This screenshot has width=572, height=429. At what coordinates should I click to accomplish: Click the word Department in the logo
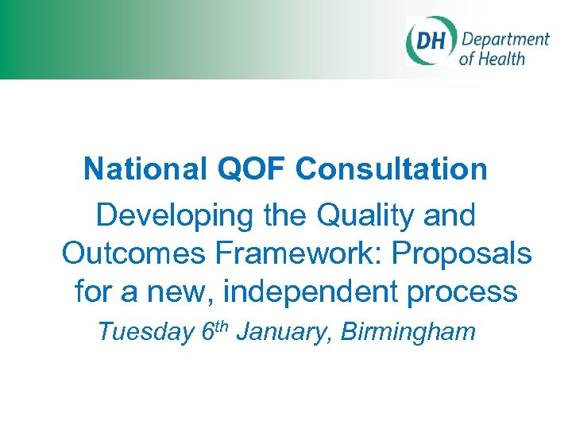(x=505, y=40)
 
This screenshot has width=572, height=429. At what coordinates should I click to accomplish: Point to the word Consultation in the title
(x=392, y=168)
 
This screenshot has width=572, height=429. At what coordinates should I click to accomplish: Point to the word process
(x=468, y=292)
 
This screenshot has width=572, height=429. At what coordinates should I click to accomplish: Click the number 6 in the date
(x=207, y=331)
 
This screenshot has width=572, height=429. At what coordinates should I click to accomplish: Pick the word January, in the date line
(x=284, y=332)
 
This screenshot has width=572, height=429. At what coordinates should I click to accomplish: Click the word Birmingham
(x=408, y=332)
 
